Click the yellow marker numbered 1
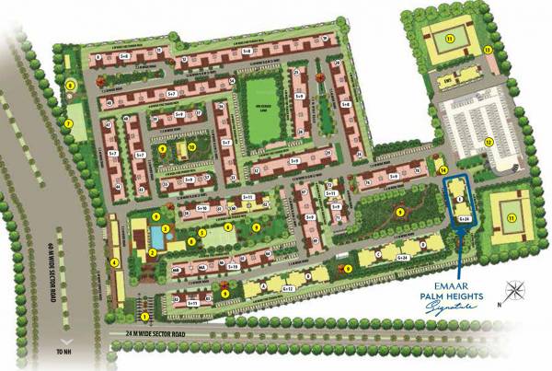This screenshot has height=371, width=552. tap(118, 317)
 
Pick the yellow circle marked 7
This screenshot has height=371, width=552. tap(67, 122)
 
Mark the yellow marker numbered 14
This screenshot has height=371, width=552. tap(443, 169)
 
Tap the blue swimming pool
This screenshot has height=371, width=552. tap(156, 238)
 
